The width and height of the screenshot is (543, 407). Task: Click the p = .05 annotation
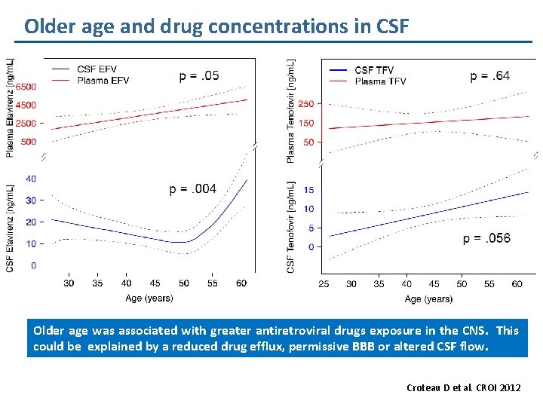pyautogui.click(x=199, y=75)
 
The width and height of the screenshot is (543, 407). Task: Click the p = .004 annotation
pyautogui.click(x=193, y=188)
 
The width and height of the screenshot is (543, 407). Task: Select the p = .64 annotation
pyautogui.click(x=489, y=75)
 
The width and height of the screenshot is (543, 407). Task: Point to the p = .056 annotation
pyautogui.click(x=486, y=238)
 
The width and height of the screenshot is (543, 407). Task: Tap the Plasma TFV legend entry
pyautogui.click(x=379, y=81)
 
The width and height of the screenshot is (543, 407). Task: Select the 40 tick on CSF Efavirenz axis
pyautogui.click(x=30, y=179)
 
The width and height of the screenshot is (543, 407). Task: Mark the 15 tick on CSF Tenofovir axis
pyautogui.click(x=309, y=190)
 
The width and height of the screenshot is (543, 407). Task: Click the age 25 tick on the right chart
pyautogui.click(x=324, y=284)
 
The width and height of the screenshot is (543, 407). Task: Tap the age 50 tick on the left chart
pyautogui.click(x=184, y=283)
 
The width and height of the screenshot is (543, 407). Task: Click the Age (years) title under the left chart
pyautogui.click(x=149, y=298)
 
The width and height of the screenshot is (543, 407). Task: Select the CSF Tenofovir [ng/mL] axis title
pyautogui.click(x=291, y=225)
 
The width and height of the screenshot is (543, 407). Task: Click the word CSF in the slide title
pyautogui.click(x=390, y=27)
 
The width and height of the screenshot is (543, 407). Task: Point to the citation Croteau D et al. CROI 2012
pyautogui.click(x=462, y=387)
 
